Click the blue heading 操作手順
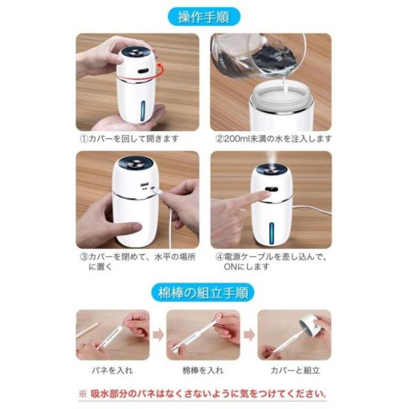coord(204,17)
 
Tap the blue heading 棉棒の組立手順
coord(203,293)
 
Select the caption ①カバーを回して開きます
coord(130,139)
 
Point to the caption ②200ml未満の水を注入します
coord(274,139)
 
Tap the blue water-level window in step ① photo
coord(143,111)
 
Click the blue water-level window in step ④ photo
coord(272,234)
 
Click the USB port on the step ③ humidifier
coord(144,185)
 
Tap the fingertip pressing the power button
coord(266,194)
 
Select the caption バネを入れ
coord(112,371)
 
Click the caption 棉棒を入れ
coord(203,371)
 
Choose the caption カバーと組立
coord(295,371)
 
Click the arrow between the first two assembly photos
coord(158,335)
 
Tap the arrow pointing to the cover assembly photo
coord(249,335)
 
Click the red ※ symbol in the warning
coord(82,394)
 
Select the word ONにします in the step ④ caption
coord(246,267)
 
